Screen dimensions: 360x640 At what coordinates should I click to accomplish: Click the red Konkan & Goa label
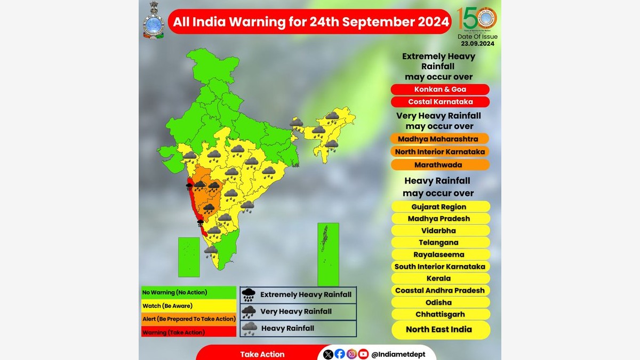(x=440, y=90)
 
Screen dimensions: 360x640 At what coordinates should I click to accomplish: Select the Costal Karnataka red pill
(x=440, y=102)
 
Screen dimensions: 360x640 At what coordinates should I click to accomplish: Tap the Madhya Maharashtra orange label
(x=440, y=139)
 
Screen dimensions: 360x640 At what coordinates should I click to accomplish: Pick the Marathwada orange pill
(x=440, y=165)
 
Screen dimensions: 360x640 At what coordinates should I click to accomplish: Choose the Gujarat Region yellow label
(x=440, y=207)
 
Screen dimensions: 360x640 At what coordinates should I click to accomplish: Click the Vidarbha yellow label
(x=440, y=231)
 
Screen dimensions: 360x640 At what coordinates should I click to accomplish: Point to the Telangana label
(x=440, y=243)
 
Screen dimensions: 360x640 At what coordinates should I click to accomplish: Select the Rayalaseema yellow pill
(x=440, y=254)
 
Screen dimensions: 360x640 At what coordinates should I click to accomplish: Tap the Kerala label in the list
(x=440, y=278)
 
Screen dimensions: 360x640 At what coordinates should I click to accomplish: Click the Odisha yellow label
(x=440, y=302)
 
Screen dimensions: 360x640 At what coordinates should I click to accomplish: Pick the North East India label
(x=440, y=330)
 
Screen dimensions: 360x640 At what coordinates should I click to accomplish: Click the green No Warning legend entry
(x=188, y=293)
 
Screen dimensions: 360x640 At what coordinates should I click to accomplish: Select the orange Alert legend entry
(x=188, y=319)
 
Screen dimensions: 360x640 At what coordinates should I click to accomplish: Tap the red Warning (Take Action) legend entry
(x=188, y=332)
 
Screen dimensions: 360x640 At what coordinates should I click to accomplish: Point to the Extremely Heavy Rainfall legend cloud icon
(x=249, y=295)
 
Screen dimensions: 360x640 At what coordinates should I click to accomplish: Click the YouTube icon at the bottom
(x=363, y=354)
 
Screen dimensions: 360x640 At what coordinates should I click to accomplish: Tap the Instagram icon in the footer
(x=351, y=354)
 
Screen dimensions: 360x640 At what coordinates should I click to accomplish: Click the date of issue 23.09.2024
(x=477, y=44)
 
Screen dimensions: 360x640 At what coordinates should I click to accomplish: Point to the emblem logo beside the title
(x=153, y=21)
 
